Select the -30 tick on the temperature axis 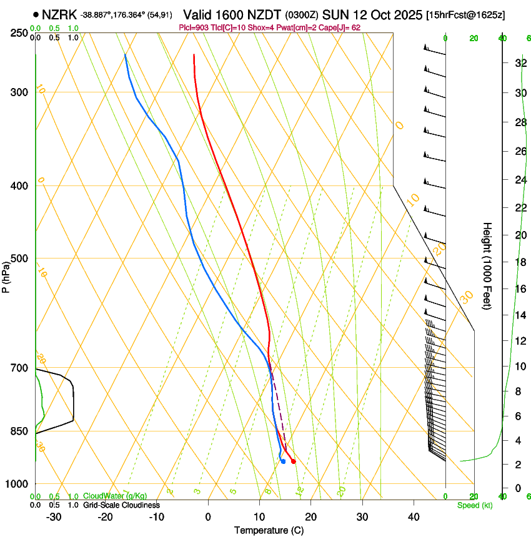[54, 516]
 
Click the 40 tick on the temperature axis [414, 516]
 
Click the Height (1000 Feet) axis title [487, 265]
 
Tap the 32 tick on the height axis [519, 63]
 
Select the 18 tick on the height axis [519, 262]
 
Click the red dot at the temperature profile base [293, 461]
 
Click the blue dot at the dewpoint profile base [283, 461]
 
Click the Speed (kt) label [474, 505]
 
